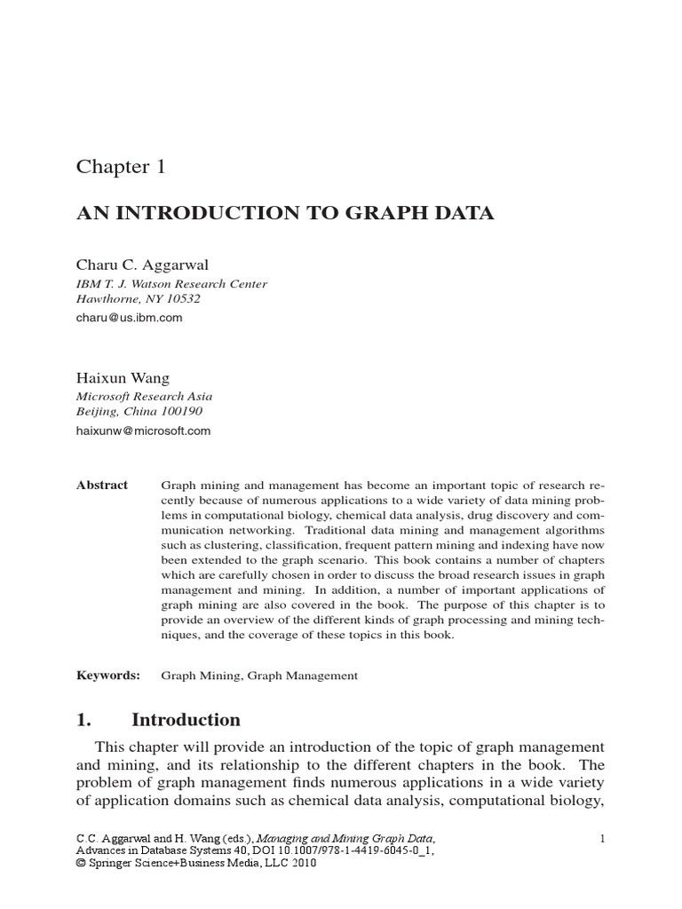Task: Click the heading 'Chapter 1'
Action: [121, 166]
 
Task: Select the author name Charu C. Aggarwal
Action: [144, 264]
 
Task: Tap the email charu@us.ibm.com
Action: [130, 317]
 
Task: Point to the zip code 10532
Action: [181, 299]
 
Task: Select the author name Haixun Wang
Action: [124, 377]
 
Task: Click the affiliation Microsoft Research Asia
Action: [144, 396]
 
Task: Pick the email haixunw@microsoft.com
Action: [144, 431]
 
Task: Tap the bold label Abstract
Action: [102, 486]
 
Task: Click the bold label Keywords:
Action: [108, 676]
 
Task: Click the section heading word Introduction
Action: [186, 720]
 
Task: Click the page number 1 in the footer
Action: [602, 838]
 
